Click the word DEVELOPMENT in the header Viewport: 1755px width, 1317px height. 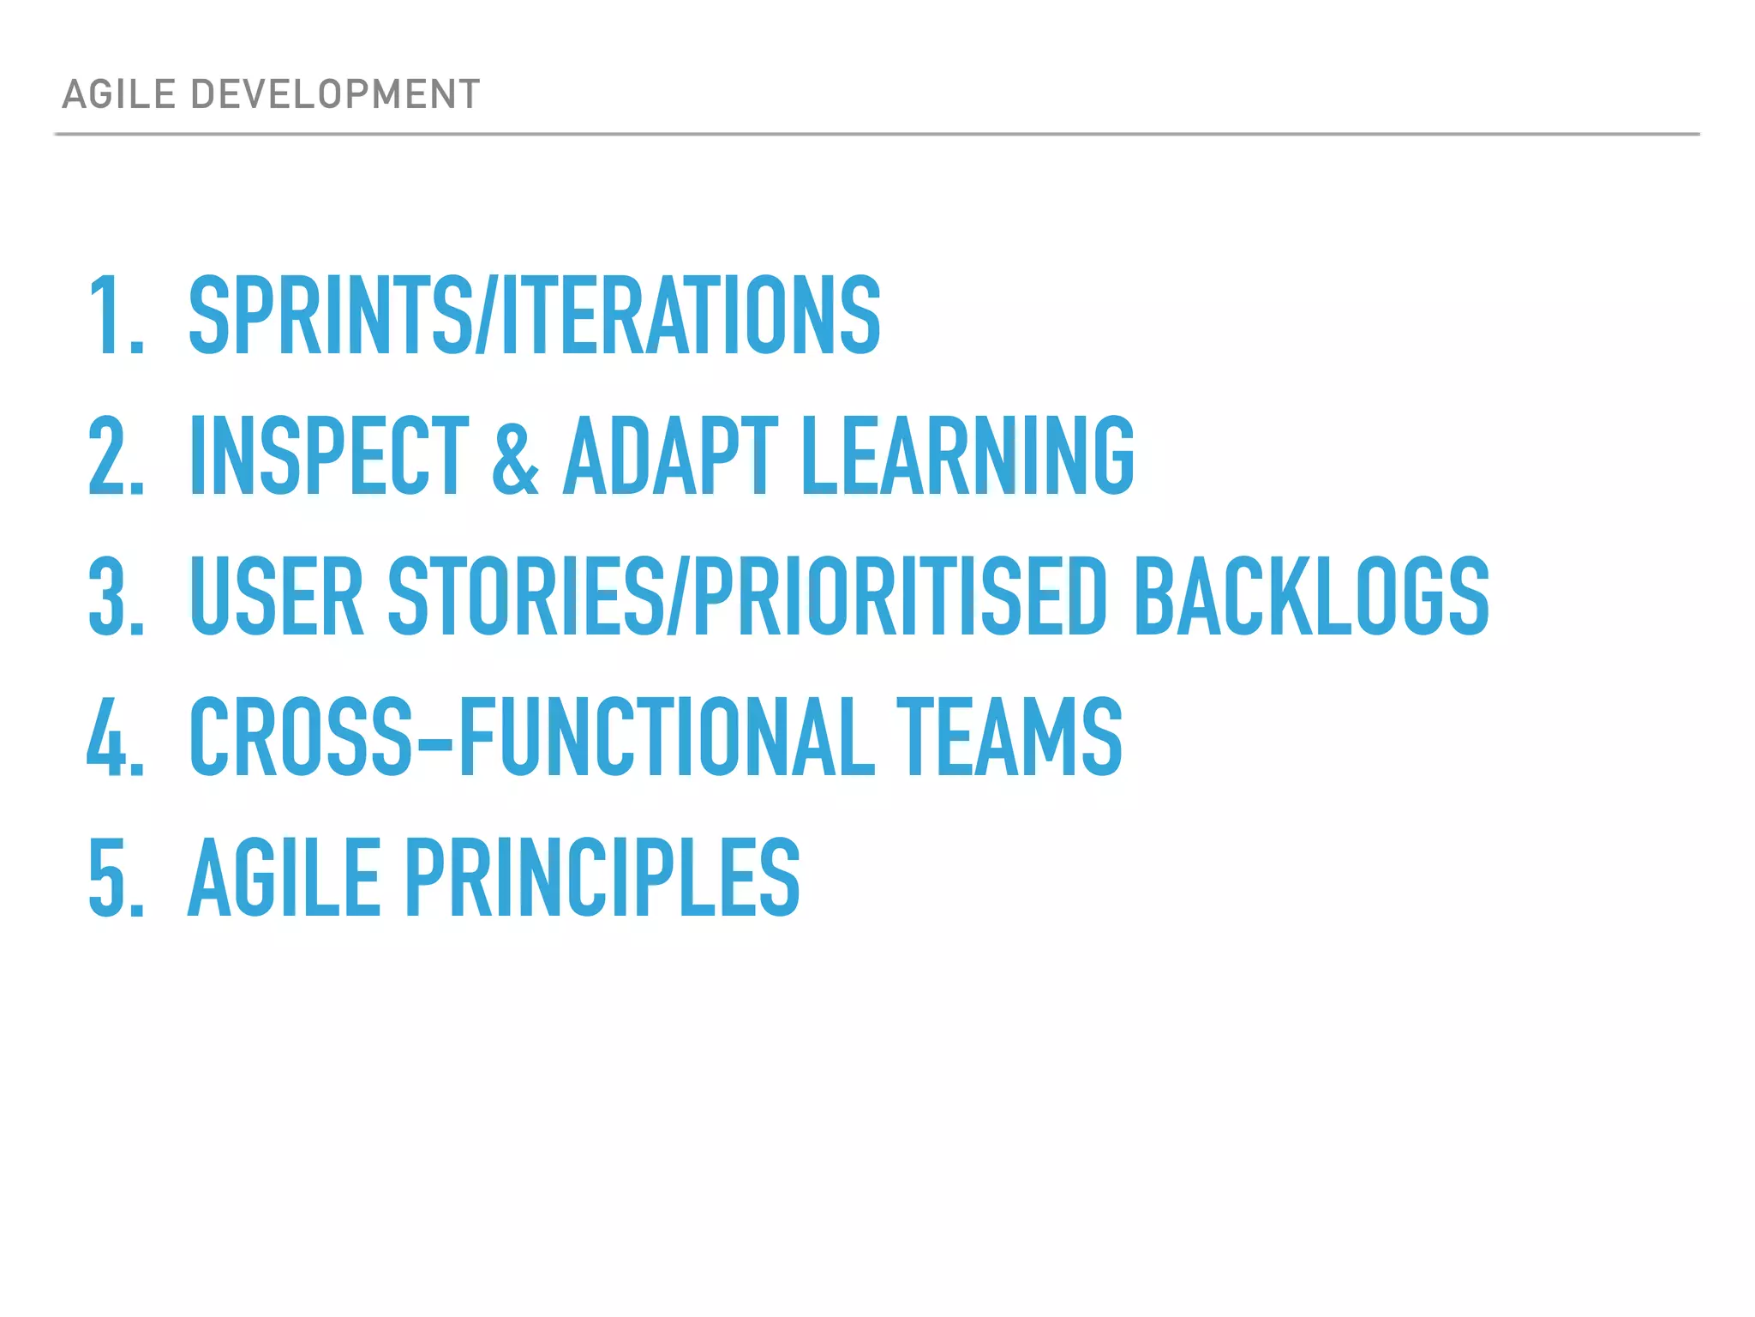tap(335, 94)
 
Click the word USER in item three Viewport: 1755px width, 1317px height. tap(277, 596)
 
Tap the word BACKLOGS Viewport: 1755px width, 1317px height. tap(1311, 596)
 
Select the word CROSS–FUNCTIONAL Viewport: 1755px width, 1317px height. tap(531, 737)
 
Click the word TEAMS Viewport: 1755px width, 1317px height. tap(1009, 737)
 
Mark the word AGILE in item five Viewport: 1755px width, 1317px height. tap(284, 877)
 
